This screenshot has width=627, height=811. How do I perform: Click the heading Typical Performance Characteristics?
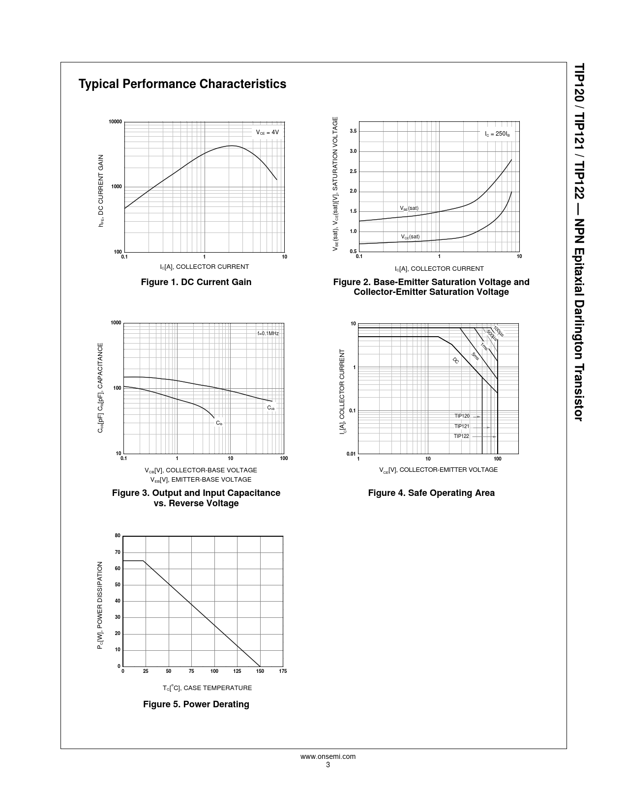click(182, 84)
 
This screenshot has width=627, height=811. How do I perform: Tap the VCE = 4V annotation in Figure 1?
click(267, 132)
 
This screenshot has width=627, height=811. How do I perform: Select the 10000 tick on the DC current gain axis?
click(115, 122)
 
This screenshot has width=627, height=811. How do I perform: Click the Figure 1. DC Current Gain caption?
click(196, 282)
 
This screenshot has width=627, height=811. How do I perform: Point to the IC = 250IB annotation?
click(497, 134)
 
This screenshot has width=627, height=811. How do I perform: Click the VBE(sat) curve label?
click(409, 208)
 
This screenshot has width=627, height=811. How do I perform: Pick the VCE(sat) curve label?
click(410, 237)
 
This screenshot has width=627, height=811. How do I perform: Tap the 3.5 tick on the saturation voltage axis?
click(353, 131)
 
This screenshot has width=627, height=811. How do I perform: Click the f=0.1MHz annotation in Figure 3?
click(268, 333)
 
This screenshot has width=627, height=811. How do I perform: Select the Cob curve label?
click(271, 408)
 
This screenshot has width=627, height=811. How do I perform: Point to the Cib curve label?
click(219, 423)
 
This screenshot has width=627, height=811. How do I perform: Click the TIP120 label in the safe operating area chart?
click(462, 416)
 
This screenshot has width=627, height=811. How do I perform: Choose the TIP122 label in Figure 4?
click(461, 436)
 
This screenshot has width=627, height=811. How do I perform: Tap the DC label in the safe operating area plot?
click(455, 360)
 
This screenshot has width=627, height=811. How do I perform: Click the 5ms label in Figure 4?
click(475, 356)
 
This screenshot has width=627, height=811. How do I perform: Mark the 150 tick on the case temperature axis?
click(260, 671)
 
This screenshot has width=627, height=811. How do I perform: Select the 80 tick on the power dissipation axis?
click(118, 535)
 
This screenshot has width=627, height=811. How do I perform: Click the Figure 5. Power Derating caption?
click(196, 704)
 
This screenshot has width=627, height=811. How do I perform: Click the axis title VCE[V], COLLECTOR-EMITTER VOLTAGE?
click(438, 470)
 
